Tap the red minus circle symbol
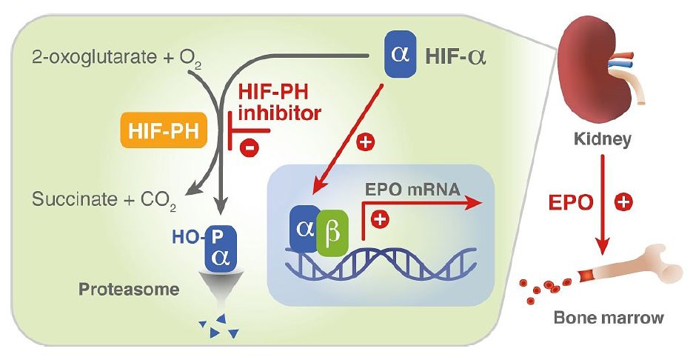coord(250,147)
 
